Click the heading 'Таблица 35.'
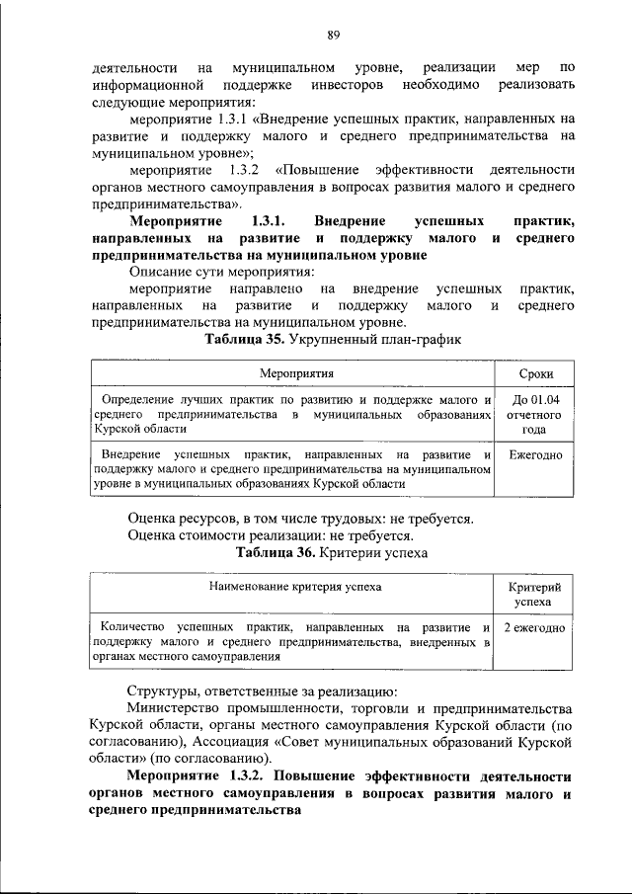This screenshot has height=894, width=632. [244, 341]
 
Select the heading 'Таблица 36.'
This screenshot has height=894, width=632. [276, 553]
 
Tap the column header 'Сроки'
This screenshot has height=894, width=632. [534, 375]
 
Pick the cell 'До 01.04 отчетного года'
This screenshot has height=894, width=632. [534, 415]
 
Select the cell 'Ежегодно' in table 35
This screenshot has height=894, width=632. [534, 454]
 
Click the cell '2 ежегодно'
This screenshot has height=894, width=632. [534, 627]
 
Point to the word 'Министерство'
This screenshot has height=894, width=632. [176, 710]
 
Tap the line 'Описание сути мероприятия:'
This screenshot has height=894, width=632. [220, 271]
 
